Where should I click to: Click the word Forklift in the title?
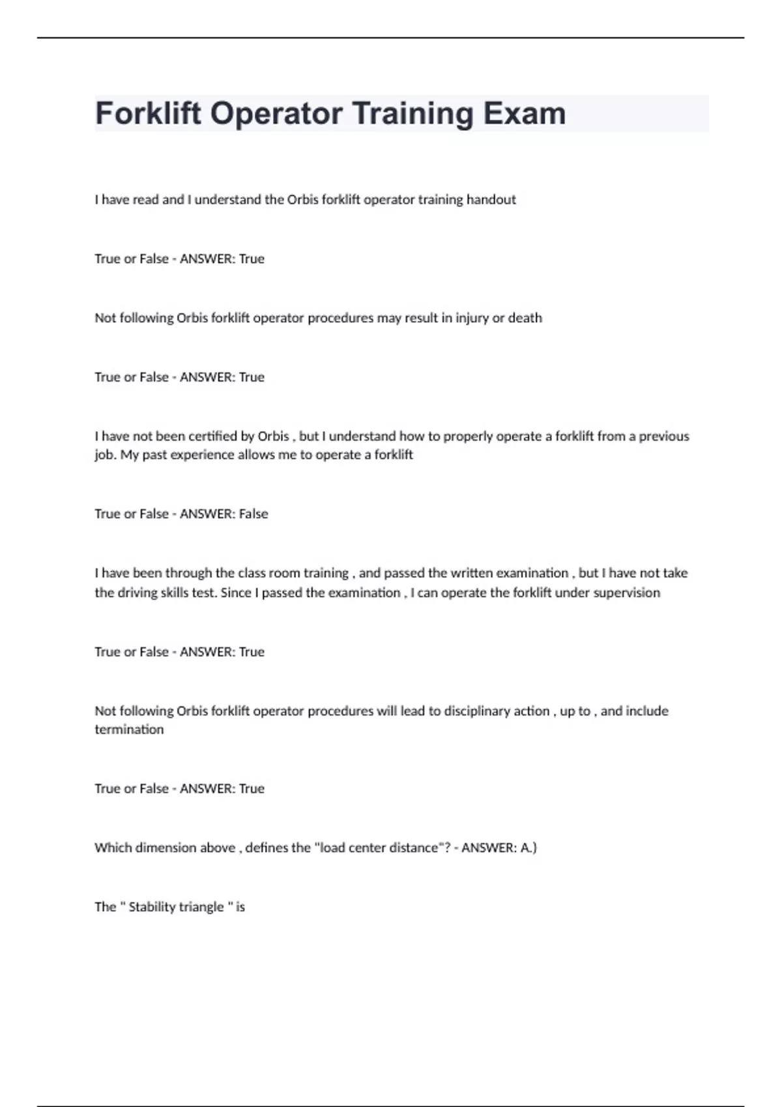[149, 113]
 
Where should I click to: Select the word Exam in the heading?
[524, 113]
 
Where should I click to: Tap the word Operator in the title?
[276, 113]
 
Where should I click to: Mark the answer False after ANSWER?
[253, 514]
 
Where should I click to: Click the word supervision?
[626, 593]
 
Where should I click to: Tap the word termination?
[129, 729]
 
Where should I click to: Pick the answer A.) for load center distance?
[529, 847]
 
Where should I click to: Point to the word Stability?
[152, 906]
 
